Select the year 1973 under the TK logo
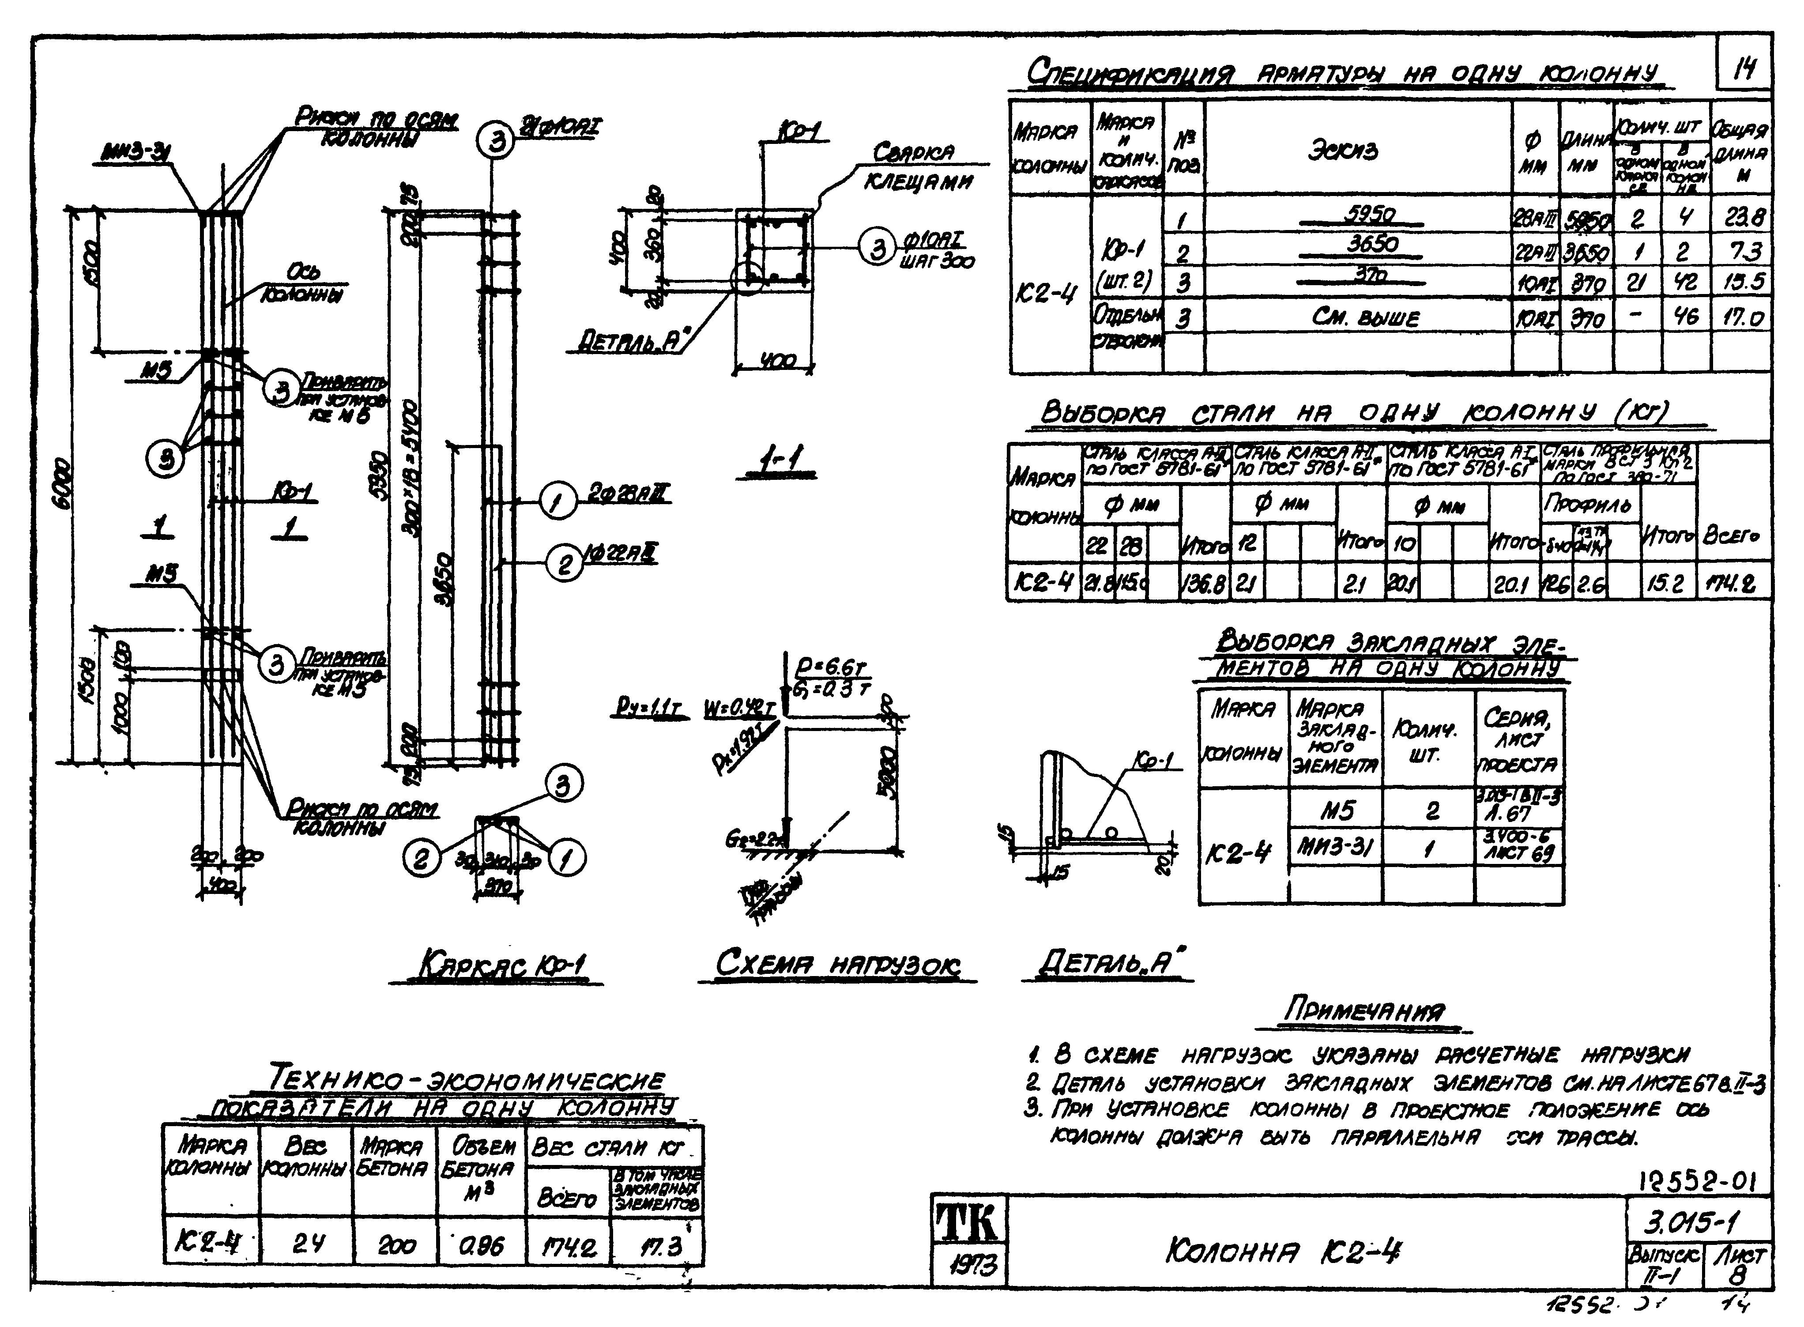(969, 1267)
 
